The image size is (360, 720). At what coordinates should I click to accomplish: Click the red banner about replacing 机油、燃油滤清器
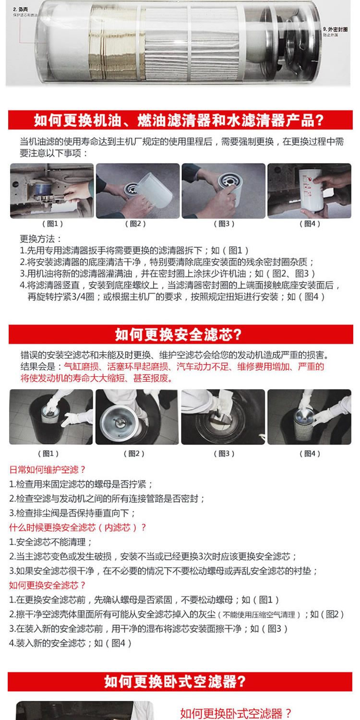(x=180, y=120)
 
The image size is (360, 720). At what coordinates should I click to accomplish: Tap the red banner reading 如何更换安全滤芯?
(x=180, y=334)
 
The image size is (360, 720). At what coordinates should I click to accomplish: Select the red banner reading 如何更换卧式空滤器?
(x=180, y=681)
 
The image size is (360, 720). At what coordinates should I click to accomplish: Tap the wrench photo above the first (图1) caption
(x=52, y=191)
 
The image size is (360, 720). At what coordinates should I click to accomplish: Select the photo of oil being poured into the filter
(x=138, y=191)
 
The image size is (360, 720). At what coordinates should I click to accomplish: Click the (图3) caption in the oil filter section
(x=224, y=223)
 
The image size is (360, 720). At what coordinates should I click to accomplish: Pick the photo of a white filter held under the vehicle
(x=309, y=191)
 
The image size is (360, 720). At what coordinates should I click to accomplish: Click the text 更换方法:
(x=41, y=239)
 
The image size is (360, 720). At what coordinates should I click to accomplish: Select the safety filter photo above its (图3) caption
(x=223, y=417)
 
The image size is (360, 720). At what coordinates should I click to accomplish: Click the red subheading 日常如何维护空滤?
(x=48, y=469)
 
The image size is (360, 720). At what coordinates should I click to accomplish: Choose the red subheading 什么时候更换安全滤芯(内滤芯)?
(x=78, y=527)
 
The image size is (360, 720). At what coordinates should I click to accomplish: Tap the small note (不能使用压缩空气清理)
(x=260, y=615)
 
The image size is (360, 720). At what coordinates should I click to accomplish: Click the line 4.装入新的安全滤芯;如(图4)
(x=70, y=643)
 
